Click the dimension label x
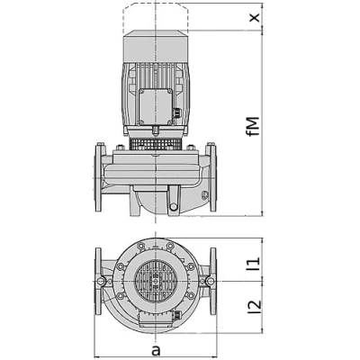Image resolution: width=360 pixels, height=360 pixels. click(255, 17)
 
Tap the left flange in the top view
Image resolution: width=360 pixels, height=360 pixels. click(97, 283)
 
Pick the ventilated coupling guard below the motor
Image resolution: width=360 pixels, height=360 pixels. click(156, 142)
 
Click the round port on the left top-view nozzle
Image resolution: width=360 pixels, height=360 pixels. click(109, 284)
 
